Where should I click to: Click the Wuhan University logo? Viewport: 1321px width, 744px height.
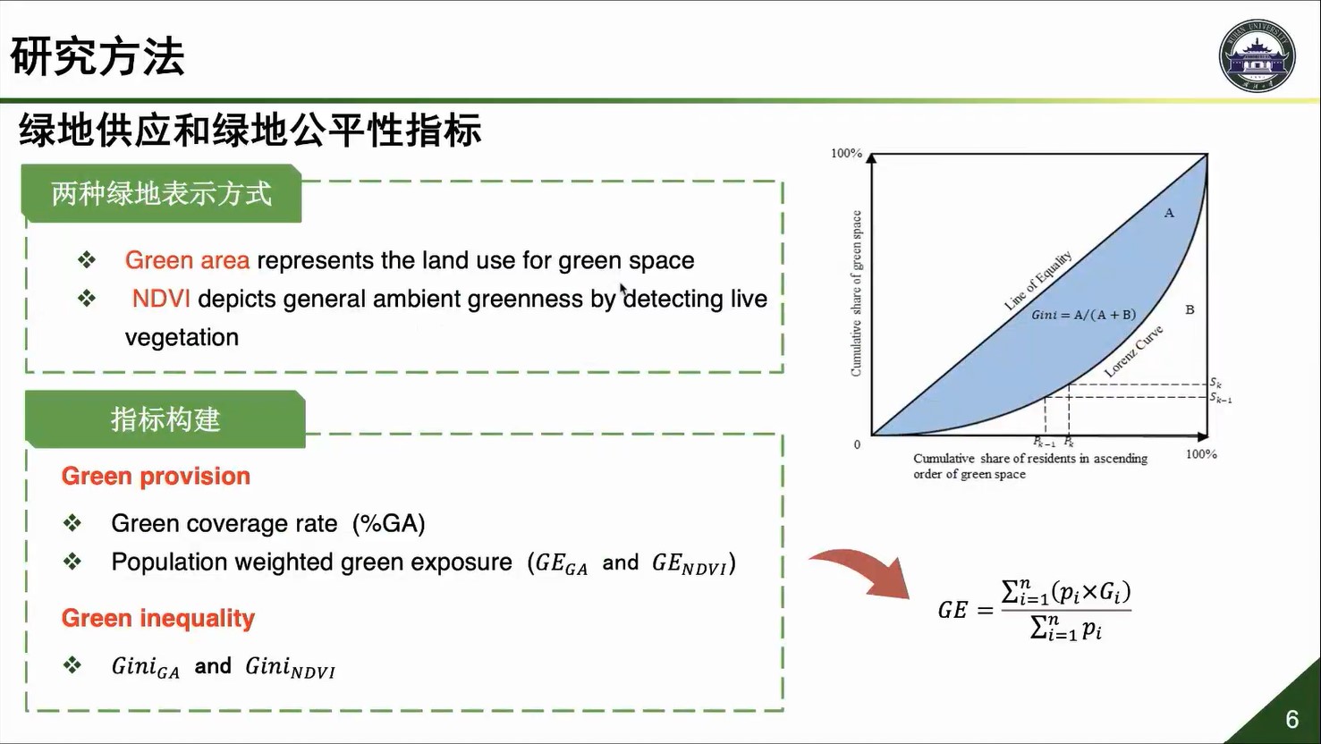[x=1257, y=55]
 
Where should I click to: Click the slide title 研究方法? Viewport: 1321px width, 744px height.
[x=97, y=56]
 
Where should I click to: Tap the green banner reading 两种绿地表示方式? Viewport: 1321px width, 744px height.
[x=161, y=193]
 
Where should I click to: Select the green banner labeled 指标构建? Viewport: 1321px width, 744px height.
[x=165, y=419]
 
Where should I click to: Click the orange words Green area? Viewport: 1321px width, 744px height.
[x=187, y=260]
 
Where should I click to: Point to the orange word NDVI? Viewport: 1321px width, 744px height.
[x=160, y=299]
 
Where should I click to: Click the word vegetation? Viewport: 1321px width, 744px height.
[x=182, y=338]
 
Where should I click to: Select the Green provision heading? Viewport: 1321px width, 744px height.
[x=156, y=476]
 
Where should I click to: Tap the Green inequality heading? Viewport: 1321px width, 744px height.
[x=158, y=618]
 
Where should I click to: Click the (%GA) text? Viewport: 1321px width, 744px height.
[x=389, y=523]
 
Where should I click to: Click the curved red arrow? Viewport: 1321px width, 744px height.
[x=861, y=571]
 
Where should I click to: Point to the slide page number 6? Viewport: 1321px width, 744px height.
[x=1291, y=720]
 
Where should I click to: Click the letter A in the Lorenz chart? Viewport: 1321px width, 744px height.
[x=1169, y=213]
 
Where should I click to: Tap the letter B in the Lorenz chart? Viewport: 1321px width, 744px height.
[x=1190, y=309]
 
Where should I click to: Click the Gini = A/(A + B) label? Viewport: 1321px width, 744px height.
[x=1083, y=315]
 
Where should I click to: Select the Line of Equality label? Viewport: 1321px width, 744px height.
[x=1037, y=280]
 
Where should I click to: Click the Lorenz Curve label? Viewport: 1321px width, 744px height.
[x=1133, y=351]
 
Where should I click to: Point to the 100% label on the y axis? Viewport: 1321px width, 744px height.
[x=846, y=153]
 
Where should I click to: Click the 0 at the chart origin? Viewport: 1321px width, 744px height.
[x=857, y=444]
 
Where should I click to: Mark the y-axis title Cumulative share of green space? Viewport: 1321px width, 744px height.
[x=856, y=293]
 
